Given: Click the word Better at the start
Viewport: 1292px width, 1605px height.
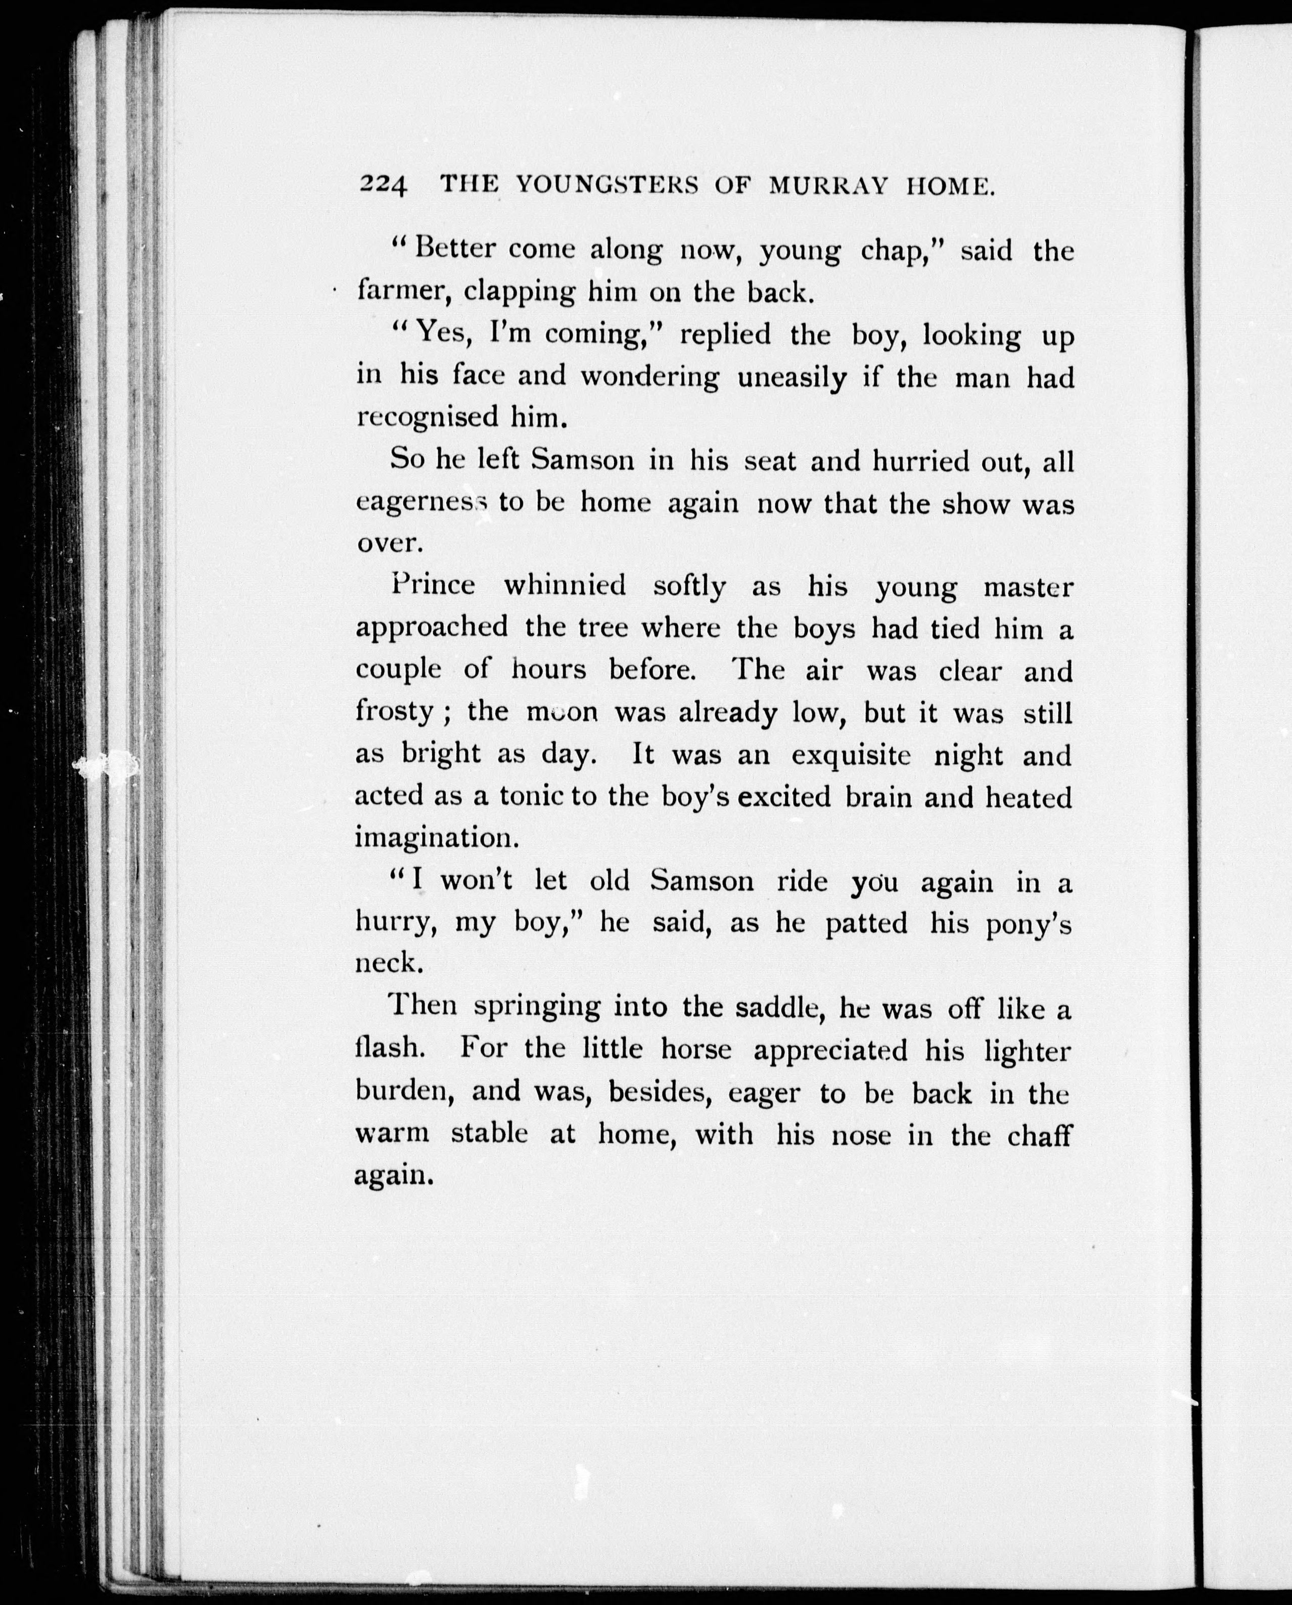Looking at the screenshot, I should coord(454,248).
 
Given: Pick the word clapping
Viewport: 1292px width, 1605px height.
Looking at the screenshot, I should coord(519,291).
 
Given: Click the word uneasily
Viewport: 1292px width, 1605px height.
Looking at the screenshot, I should coord(792,378).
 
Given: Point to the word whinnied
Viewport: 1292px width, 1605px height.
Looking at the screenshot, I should coord(565,585).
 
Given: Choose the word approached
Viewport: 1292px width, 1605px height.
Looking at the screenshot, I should coord(431,628).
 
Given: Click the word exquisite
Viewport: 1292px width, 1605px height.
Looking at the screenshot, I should coord(850,756).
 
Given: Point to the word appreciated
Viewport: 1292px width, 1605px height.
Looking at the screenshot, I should coord(830,1050).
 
